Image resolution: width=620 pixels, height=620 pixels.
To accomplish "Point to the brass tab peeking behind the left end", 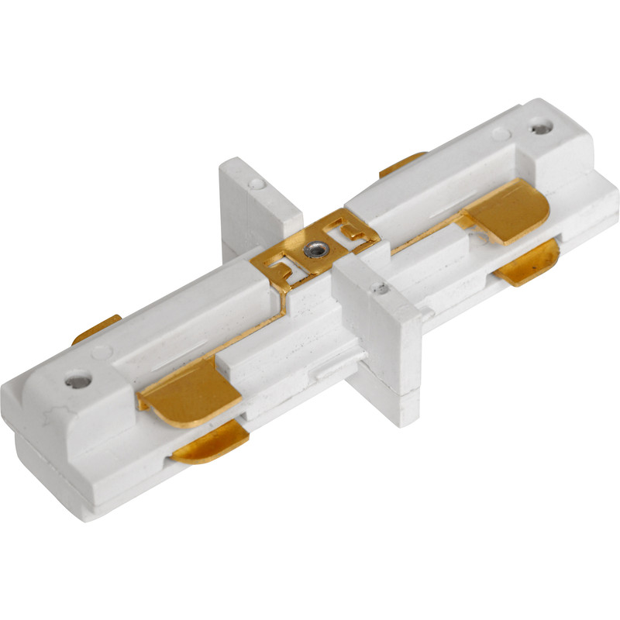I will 97,329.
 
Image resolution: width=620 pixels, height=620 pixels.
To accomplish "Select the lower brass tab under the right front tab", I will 530,263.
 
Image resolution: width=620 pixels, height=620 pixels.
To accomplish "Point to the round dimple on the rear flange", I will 255,184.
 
